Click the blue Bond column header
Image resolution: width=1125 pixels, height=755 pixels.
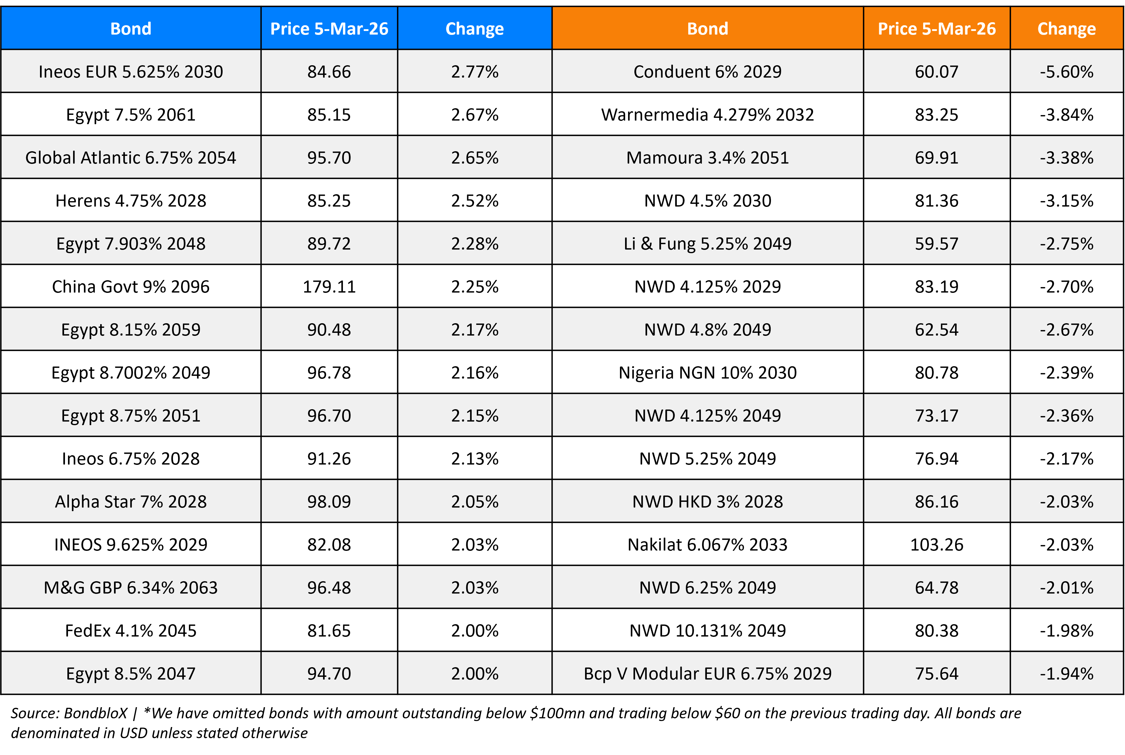point(131,29)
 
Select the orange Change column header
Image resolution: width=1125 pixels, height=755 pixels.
point(1066,29)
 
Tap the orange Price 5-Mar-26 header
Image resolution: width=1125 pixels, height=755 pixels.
point(936,29)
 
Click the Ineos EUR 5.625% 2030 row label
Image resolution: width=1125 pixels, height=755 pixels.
point(131,72)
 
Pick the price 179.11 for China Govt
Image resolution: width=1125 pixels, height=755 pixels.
point(329,287)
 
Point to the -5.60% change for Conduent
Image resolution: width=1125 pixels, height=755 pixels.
point(1066,72)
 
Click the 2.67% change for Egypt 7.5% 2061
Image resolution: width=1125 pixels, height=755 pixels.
point(474,115)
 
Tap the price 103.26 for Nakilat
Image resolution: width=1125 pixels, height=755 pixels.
point(936,545)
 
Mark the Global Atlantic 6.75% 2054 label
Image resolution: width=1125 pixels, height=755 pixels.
point(131,158)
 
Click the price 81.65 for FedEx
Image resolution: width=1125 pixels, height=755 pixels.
point(329,630)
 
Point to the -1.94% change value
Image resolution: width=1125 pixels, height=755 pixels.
point(1066,673)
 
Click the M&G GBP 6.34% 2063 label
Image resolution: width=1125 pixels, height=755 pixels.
point(131,588)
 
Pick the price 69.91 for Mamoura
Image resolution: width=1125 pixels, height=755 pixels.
point(936,158)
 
